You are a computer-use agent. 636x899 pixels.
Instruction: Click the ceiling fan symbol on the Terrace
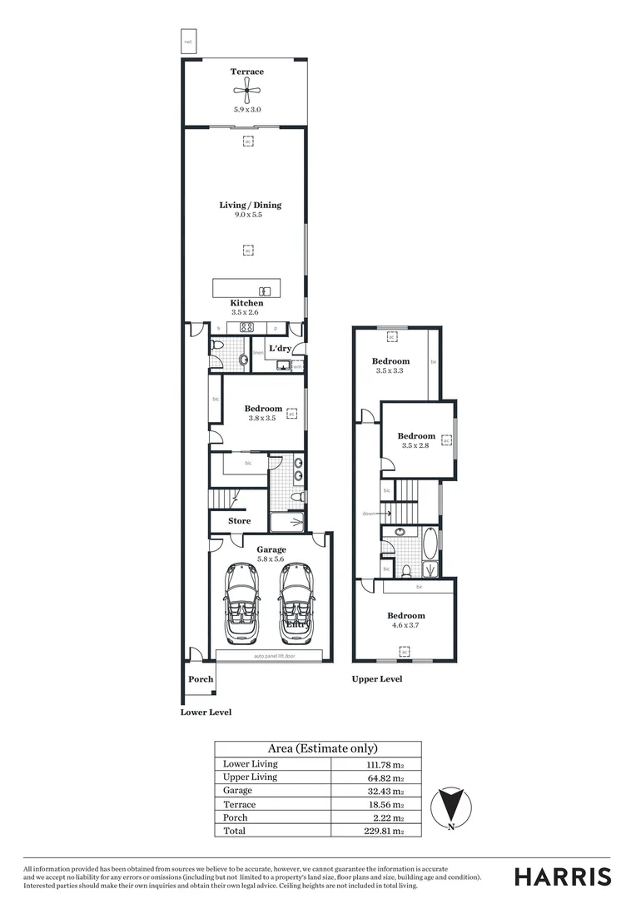tap(247, 92)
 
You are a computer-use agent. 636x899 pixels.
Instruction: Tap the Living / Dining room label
tap(251, 205)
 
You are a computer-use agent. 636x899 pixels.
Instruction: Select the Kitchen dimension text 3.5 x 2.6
tap(247, 312)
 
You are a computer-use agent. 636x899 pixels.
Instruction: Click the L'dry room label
tap(280, 348)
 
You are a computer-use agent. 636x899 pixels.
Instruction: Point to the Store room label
tap(240, 521)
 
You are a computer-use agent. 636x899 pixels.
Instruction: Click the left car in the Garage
tap(243, 603)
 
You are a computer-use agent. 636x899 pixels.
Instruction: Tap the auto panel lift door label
tap(274, 657)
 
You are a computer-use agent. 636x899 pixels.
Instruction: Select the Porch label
tap(201, 679)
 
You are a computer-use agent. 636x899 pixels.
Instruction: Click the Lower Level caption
tap(206, 713)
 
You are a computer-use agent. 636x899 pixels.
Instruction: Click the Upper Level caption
tap(376, 679)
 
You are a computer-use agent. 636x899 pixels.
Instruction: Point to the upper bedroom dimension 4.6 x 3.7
tap(404, 625)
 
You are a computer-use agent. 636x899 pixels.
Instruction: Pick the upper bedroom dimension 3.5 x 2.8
tap(416, 446)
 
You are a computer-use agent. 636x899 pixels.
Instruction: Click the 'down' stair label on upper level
tap(369, 514)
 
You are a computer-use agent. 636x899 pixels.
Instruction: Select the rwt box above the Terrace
tap(188, 42)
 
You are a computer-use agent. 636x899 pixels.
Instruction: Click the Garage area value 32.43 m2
tap(387, 791)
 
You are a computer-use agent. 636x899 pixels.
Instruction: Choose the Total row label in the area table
tap(235, 831)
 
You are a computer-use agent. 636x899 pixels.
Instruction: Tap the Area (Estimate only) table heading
tap(322, 748)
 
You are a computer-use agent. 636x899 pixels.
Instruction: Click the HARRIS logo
tap(563, 877)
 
